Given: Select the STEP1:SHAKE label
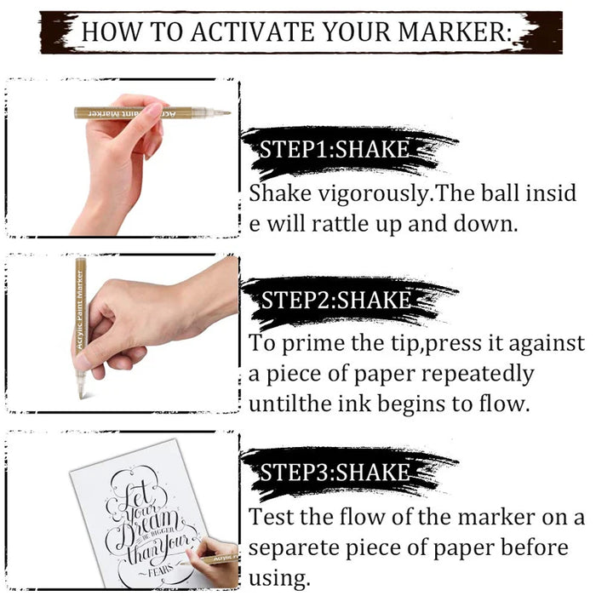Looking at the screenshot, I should coord(335,151).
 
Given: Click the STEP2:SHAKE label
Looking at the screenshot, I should coord(335,300).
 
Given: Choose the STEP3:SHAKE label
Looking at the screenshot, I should coord(335,472).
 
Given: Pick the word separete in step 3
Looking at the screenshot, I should coord(295,547).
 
